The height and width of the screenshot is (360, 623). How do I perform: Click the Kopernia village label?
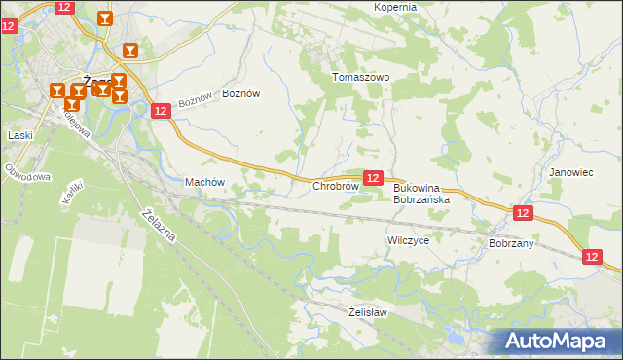pyautogui.click(x=395, y=7)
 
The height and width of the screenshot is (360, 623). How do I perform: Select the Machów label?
pyautogui.click(x=204, y=182)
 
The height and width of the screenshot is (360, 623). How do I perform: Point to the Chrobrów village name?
pyautogui.click(x=335, y=186)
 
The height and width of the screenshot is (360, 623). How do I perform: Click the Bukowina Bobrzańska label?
pyautogui.click(x=421, y=194)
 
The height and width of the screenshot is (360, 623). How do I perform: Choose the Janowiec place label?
pyautogui.click(x=570, y=172)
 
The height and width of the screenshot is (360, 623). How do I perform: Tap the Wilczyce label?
pyautogui.click(x=408, y=239)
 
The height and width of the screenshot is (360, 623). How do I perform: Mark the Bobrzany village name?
pyautogui.click(x=511, y=243)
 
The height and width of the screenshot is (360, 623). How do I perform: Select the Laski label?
pyautogui.click(x=20, y=135)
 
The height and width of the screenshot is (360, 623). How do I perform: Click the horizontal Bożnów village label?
pyautogui.click(x=241, y=93)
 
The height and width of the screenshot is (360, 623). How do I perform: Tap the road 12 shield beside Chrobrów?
pyautogui.click(x=372, y=178)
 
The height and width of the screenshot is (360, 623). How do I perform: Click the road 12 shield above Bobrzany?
pyautogui.click(x=523, y=213)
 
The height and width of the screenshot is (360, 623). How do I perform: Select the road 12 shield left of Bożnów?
pyautogui.click(x=162, y=112)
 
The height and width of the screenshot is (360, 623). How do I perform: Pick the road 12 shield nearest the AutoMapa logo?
pyautogui.click(x=593, y=256)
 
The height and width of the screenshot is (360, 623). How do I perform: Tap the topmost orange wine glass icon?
pyautogui.click(x=105, y=18)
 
